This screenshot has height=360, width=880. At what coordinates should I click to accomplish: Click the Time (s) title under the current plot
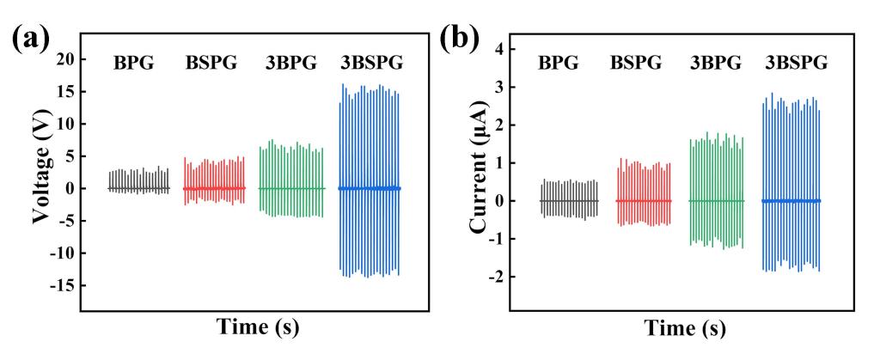[683, 327]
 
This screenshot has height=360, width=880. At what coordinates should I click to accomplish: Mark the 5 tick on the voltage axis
[69, 156]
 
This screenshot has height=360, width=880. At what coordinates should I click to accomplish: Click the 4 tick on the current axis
[496, 49]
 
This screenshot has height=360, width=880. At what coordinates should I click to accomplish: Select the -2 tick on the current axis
[492, 277]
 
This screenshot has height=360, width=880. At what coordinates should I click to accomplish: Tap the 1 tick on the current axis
[496, 162]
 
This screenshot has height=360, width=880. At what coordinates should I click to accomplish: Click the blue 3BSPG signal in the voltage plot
[370, 188]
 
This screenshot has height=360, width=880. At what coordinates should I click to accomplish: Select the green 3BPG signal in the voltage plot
[291, 188]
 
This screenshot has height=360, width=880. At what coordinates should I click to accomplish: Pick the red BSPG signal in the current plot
[644, 200]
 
